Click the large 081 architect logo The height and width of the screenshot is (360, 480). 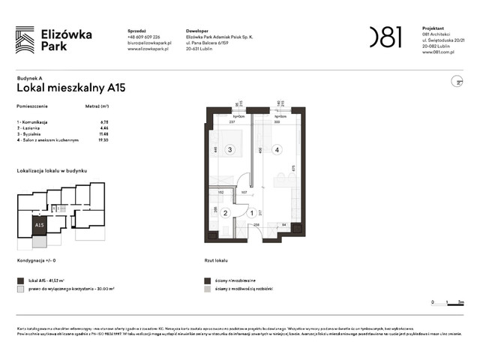(x=386, y=37)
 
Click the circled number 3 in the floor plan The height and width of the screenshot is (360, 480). (x=230, y=149)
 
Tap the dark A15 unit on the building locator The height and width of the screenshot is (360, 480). (x=38, y=223)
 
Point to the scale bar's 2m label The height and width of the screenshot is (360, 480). (x=460, y=302)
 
